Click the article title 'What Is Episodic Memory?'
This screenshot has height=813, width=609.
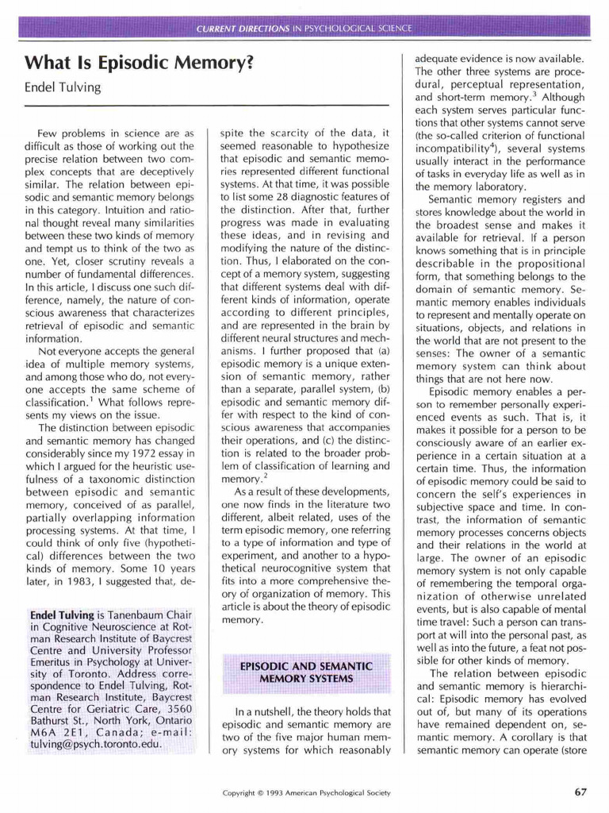(x=139, y=62)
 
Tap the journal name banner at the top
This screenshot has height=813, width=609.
(x=304, y=29)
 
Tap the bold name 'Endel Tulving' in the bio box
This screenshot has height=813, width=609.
(x=62, y=615)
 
